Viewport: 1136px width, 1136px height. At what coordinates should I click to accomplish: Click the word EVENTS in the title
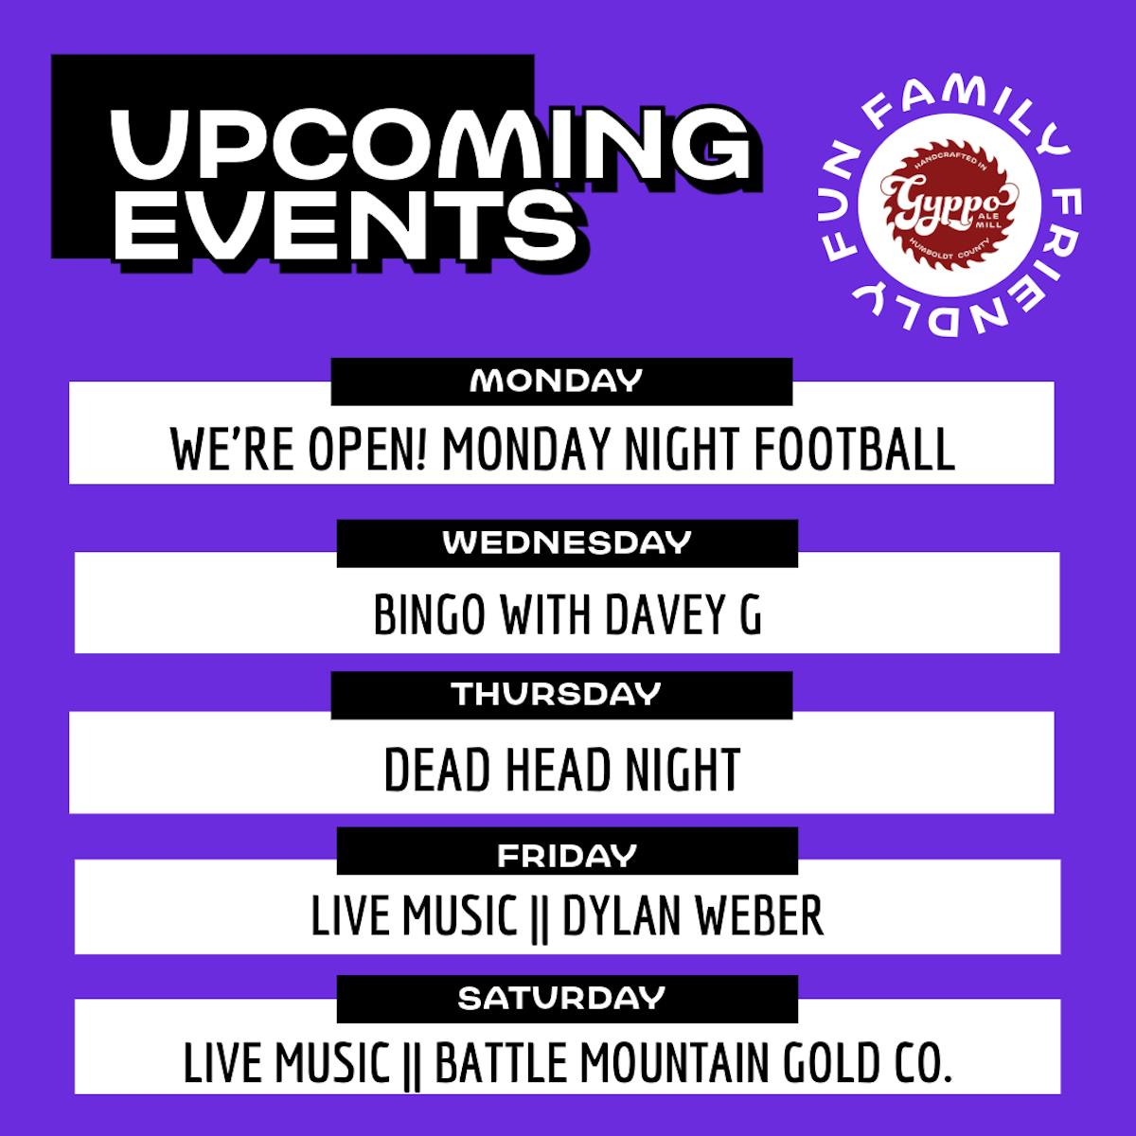point(345,226)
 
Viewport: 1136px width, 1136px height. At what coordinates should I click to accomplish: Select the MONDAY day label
point(556,381)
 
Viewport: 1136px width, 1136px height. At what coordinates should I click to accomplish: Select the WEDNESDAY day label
point(566,542)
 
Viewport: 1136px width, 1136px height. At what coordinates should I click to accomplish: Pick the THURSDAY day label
point(556,694)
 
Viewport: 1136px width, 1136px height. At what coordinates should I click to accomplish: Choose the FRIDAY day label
point(566,856)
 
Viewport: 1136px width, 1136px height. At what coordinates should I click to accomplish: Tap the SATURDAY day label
point(561,998)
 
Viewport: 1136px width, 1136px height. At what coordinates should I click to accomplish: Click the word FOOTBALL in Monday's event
point(854,449)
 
